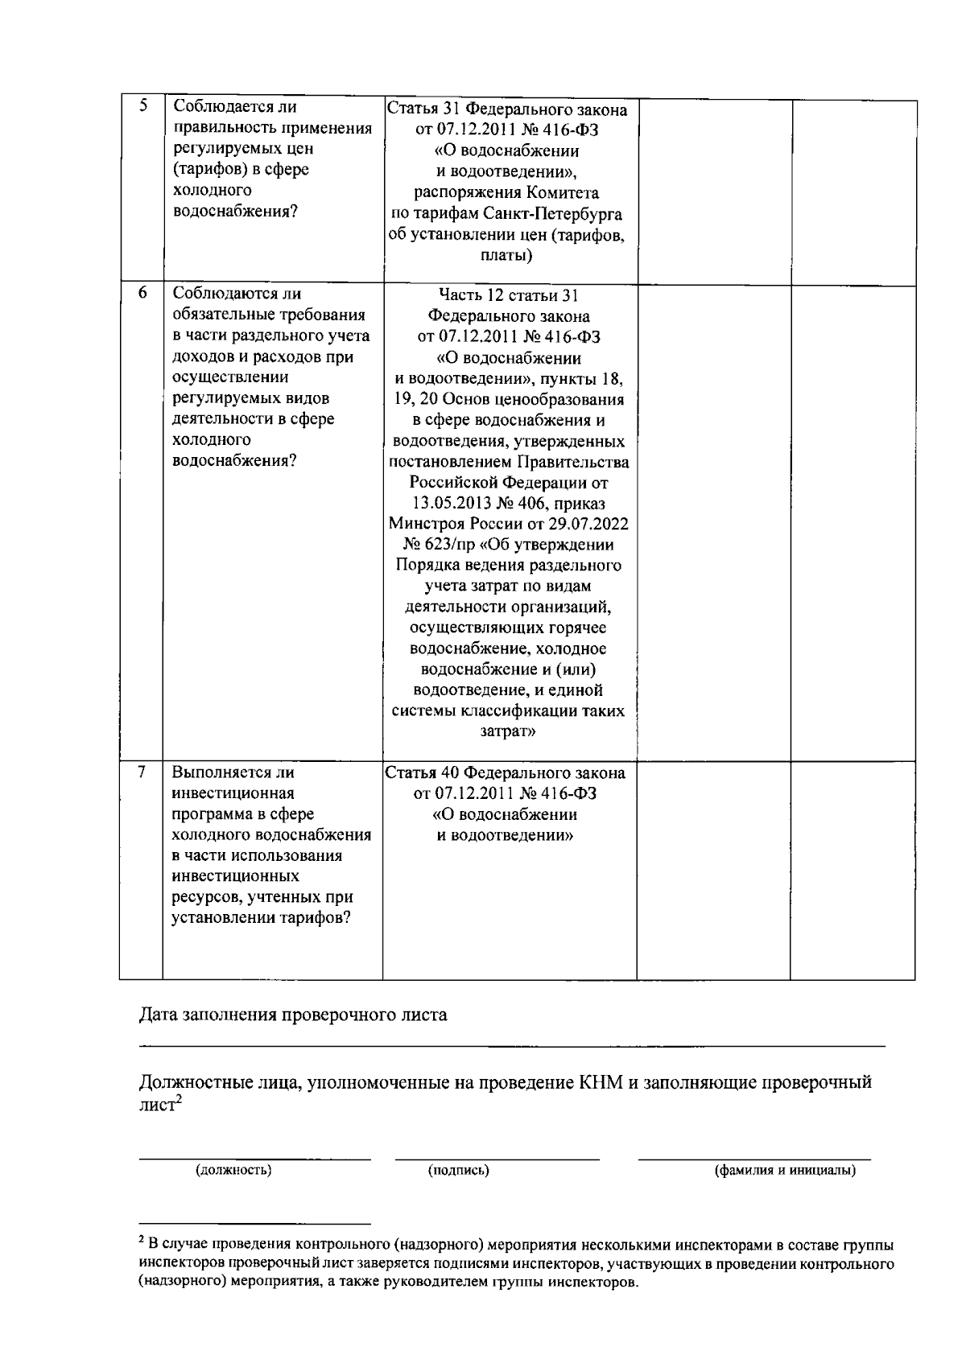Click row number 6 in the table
(142, 294)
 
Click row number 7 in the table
(142, 772)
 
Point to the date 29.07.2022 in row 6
(592, 525)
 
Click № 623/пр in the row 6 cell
(432, 546)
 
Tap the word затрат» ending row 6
(508, 732)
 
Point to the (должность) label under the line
(233, 1170)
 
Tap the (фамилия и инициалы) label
(786, 1170)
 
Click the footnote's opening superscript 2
(142, 1239)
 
